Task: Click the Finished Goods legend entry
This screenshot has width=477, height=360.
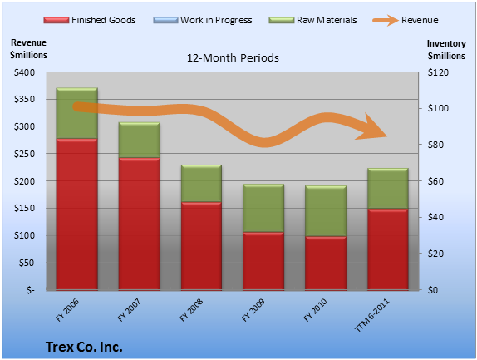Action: tap(90, 20)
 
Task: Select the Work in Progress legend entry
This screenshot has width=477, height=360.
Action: tap(203, 20)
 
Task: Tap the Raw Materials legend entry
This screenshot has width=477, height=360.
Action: tap(312, 20)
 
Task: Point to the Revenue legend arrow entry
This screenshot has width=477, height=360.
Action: tap(406, 20)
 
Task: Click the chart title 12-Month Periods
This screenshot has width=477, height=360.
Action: tap(233, 57)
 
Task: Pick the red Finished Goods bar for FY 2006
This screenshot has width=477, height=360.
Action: tap(77, 215)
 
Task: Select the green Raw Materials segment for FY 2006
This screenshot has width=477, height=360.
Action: tap(77, 113)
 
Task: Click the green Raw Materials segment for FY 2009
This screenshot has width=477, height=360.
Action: tap(263, 208)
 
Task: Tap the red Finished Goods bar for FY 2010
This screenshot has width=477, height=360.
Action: tap(326, 264)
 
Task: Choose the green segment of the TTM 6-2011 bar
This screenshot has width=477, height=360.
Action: tap(388, 189)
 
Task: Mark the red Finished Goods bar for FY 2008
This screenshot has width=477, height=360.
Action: tap(201, 246)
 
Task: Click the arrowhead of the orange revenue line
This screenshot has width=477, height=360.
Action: tap(372, 128)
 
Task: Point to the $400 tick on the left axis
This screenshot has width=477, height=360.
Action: tap(24, 72)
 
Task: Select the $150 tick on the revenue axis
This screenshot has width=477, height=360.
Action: tap(24, 208)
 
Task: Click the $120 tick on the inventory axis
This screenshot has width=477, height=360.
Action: tap(438, 72)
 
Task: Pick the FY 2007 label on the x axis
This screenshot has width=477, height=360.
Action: tap(130, 310)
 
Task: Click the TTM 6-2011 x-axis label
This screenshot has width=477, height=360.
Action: tap(372, 315)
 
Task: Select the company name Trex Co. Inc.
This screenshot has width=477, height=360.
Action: tap(84, 347)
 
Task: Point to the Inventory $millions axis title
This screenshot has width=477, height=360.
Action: tap(446, 50)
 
